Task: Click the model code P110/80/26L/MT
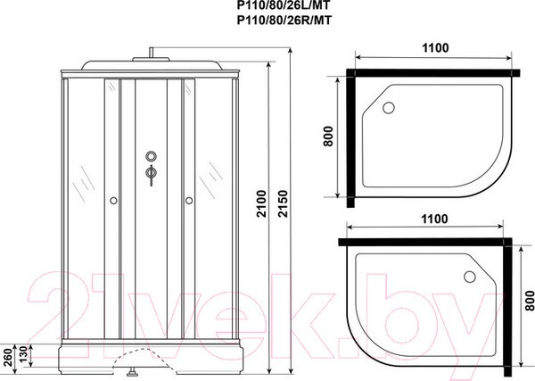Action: coord(284,4)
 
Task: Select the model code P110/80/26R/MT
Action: coord(284,21)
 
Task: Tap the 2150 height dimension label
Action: coord(283,203)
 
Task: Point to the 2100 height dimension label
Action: coord(261,203)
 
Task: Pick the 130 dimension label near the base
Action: coord(22,355)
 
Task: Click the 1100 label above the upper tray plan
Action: coord(435,48)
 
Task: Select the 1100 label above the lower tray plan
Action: coord(434,219)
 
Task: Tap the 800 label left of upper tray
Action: coord(328,137)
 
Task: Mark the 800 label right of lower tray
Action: coord(529,301)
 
